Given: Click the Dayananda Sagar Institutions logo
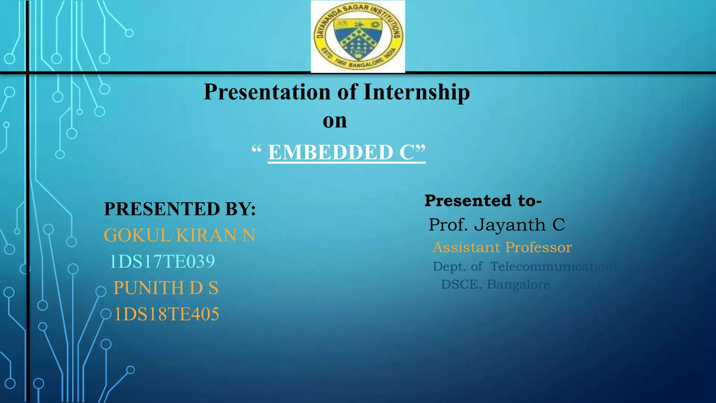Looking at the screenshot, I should (x=358, y=36).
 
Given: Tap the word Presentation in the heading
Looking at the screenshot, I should (x=267, y=92).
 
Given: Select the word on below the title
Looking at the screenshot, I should (x=335, y=121).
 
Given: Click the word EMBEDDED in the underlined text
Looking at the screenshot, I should (x=331, y=153).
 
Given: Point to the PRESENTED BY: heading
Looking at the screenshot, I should (x=180, y=209).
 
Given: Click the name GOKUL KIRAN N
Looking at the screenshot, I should (x=180, y=235).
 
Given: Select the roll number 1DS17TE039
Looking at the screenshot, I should (x=162, y=261).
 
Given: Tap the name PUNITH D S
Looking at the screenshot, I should (x=166, y=288).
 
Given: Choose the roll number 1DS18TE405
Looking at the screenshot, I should (x=166, y=314).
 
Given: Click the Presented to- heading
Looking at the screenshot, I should (x=483, y=201).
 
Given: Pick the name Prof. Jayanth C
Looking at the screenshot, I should (x=496, y=225).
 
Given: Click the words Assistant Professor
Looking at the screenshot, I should (x=502, y=248).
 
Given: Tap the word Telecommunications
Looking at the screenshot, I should (x=554, y=267).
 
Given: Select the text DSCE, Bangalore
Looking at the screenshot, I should (x=495, y=284).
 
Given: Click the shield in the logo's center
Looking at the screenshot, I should (x=357, y=38).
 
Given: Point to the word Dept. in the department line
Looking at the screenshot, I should (x=449, y=267).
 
